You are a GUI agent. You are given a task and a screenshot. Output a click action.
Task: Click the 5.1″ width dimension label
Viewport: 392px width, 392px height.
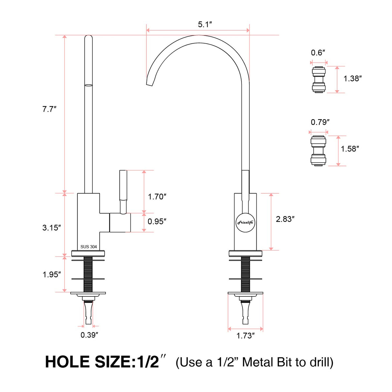205,25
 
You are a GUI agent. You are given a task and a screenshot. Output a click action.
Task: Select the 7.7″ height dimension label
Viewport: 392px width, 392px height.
49,109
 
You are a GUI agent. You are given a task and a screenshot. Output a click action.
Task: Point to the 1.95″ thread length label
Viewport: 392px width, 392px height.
52,274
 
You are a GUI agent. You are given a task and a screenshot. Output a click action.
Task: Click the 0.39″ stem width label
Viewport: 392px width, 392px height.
89,335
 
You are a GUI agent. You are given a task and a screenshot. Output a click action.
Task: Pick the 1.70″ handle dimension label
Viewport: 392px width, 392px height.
157,197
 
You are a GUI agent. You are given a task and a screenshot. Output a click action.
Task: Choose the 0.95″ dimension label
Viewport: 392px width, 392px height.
157,222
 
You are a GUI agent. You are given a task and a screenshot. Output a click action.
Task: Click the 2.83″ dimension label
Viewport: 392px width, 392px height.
285,219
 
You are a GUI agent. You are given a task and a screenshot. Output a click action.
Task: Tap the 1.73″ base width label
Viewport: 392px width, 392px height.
245,336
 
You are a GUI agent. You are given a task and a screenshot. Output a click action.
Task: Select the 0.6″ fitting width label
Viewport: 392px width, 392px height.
318,53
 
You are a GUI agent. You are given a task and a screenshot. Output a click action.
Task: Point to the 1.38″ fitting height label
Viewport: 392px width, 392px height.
352,78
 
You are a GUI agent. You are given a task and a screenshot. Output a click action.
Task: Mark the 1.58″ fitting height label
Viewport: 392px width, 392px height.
350,149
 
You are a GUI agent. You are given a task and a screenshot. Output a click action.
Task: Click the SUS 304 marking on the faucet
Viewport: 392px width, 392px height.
88,247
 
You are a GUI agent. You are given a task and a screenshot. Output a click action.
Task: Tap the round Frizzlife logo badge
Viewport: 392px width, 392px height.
245,222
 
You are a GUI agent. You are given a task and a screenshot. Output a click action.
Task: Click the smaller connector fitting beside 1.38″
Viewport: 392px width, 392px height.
319,79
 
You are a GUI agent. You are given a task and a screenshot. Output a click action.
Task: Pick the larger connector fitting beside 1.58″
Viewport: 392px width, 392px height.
318,151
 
